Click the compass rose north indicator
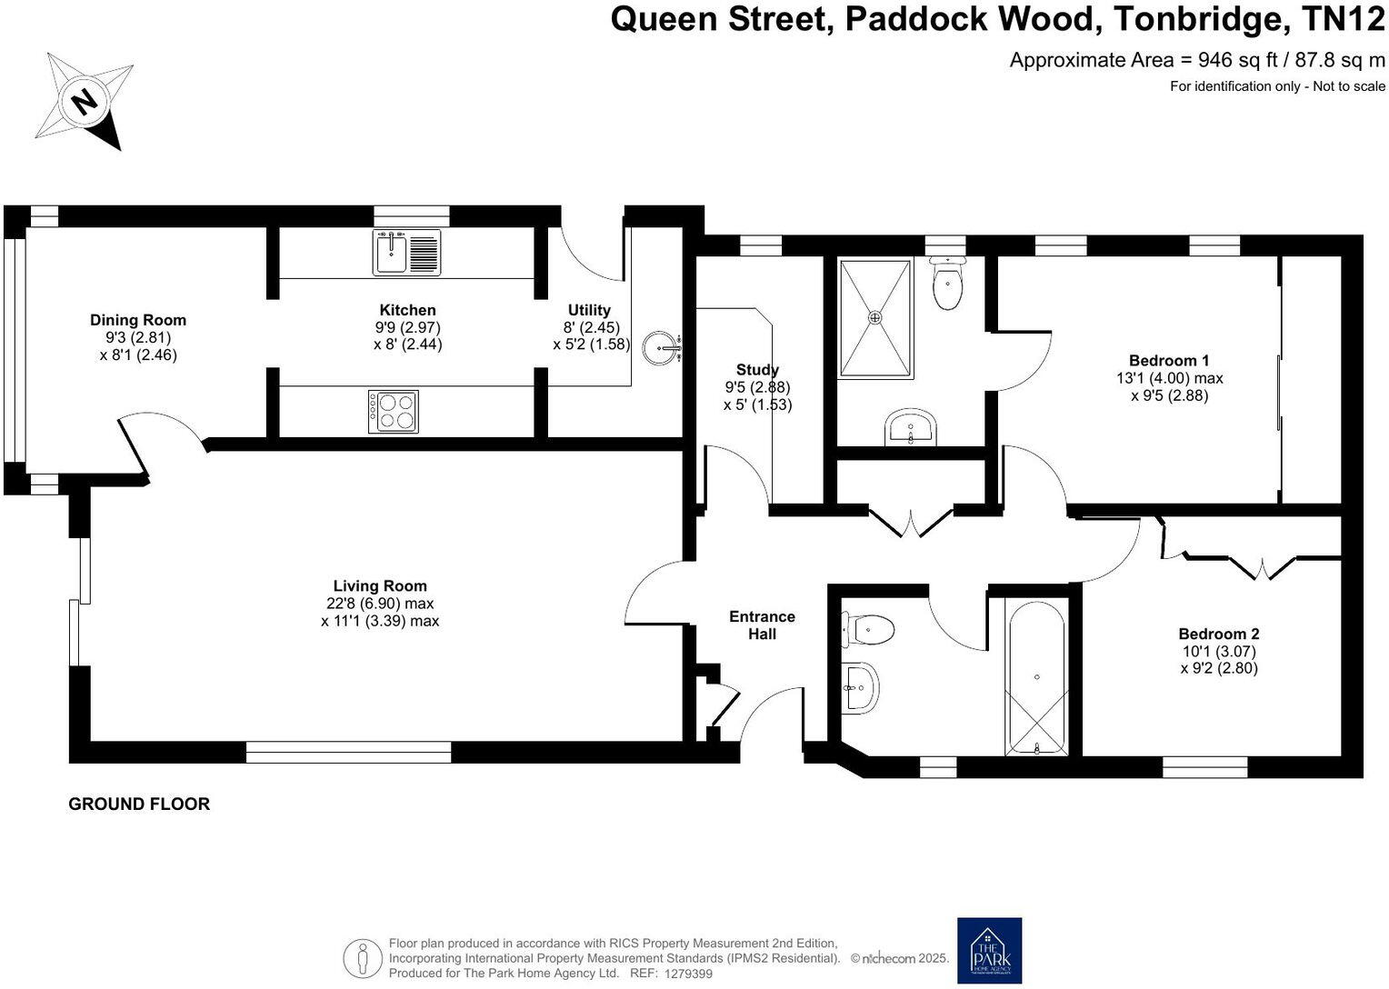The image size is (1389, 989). click(x=85, y=100)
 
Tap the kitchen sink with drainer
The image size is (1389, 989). click(x=406, y=252)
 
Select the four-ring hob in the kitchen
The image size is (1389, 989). click(x=394, y=411)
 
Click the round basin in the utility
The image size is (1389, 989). click(x=661, y=347)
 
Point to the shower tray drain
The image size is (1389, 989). click(x=875, y=317)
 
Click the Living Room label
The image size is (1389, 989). click(x=380, y=586)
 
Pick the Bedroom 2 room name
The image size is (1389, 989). click(x=1218, y=634)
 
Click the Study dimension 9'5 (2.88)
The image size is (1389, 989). click(x=757, y=387)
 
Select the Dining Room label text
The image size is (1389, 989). click(x=138, y=320)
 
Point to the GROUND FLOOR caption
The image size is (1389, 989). click(x=139, y=804)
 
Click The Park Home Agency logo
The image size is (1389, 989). click(x=989, y=950)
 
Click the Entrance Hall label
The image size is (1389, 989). click(x=762, y=625)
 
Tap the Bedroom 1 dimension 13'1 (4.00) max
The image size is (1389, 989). click(x=1169, y=378)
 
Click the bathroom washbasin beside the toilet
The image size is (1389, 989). click(x=860, y=687)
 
